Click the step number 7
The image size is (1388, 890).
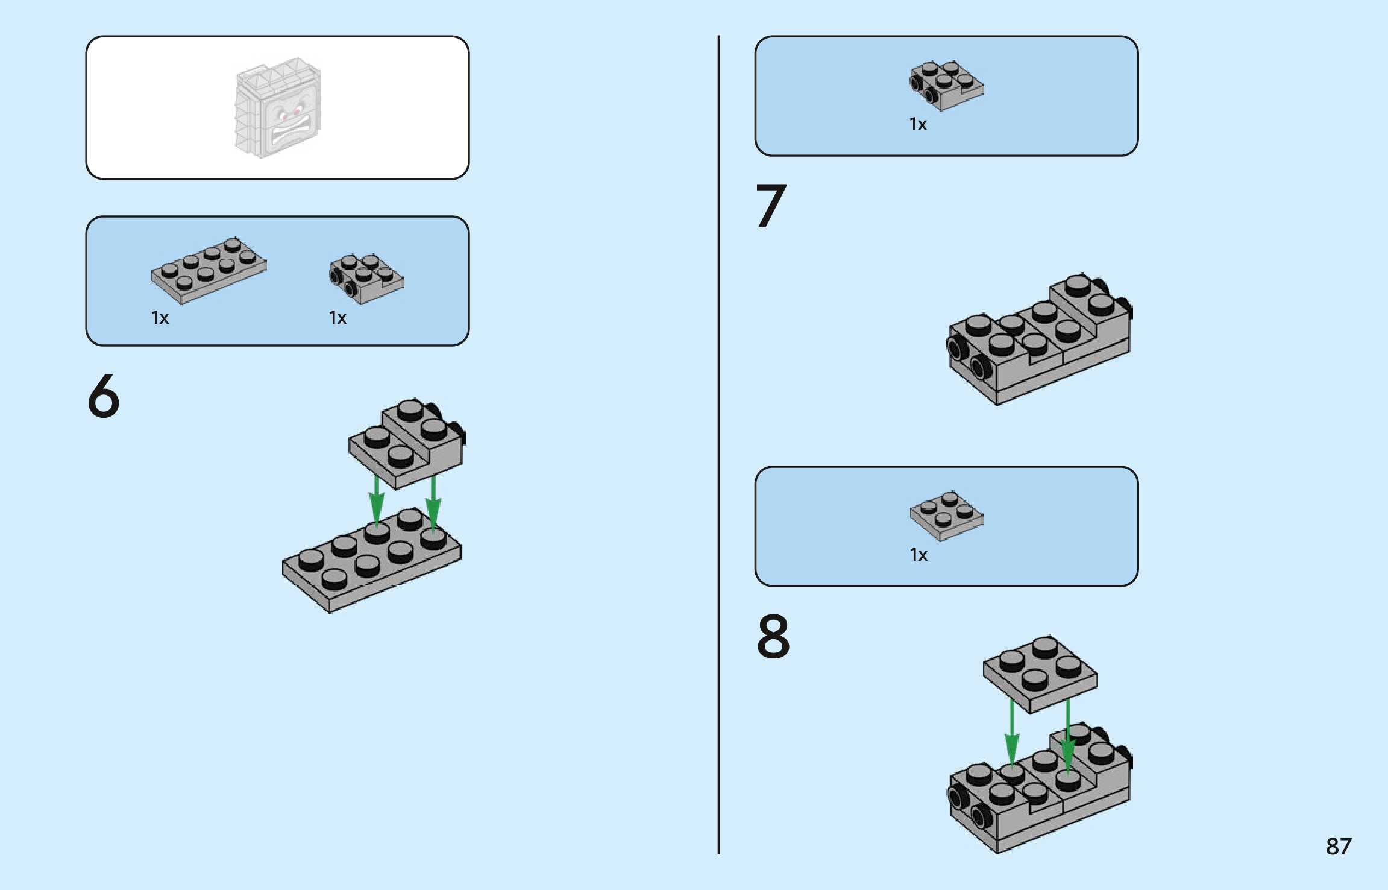(x=771, y=206)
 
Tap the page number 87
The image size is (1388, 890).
(x=1338, y=846)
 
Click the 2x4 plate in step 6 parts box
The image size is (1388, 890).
(x=209, y=270)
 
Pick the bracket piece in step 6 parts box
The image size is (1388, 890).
(x=366, y=278)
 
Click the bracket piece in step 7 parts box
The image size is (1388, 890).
(x=946, y=85)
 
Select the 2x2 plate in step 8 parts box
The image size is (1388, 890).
(x=946, y=516)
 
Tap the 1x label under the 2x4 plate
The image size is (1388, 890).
(x=160, y=318)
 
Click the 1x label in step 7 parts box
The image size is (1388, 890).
(x=918, y=124)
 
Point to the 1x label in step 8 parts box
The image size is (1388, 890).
(x=919, y=555)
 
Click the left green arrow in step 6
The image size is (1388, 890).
(x=377, y=500)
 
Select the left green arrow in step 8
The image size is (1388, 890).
(x=1011, y=733)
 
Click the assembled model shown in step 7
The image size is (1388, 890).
(x=1039, y=341)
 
